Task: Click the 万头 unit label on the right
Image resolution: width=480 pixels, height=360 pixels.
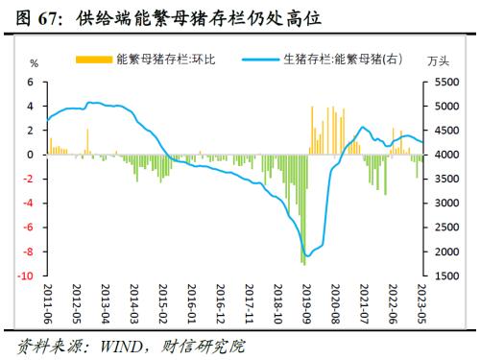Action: coord(439,62)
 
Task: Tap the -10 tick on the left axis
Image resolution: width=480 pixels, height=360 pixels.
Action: coord(29,276)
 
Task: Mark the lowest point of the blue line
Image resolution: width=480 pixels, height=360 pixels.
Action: coord(306,256)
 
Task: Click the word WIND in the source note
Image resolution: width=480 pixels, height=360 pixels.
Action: coord(114,344)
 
